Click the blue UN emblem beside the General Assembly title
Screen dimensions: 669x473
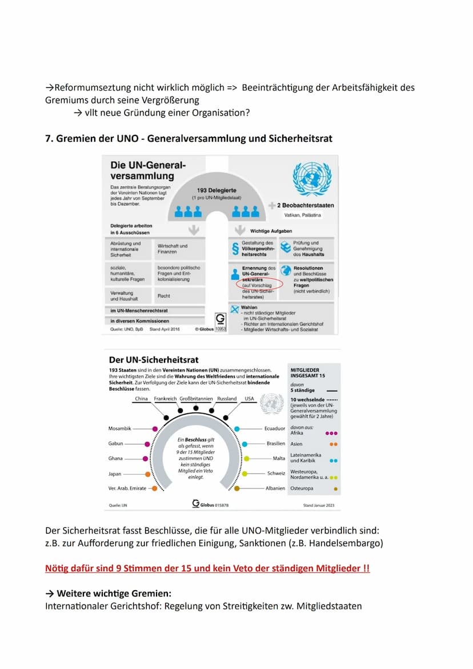(312, 179)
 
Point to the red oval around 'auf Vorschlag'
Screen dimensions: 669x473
(259, 284)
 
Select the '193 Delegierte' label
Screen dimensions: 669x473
(217, 190)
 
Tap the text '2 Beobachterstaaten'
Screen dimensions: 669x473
(306, 205)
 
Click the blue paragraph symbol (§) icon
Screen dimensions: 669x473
(234, 247)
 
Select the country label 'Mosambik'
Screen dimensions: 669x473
(120, 428)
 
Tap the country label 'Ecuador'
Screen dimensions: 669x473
(274, 428)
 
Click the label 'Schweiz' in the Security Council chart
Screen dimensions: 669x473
(276, 474)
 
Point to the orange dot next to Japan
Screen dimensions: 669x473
(147, 474)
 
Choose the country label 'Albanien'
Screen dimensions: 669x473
(275, 488)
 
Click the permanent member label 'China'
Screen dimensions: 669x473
(141, 399)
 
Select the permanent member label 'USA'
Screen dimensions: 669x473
(249, 399)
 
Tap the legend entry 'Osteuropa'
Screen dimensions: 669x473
(302, 488)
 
